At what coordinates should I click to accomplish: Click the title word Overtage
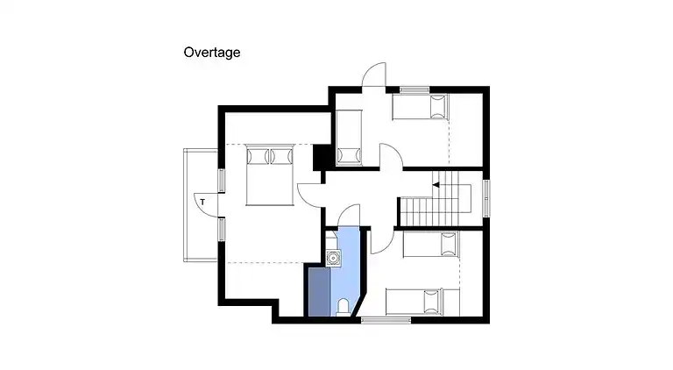(211, 53)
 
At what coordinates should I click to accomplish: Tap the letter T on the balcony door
(202, 202)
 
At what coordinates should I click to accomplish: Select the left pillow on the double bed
(258, 156)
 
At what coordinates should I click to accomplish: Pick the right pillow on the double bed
(281, 156)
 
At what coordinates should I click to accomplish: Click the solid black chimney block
(321, 158)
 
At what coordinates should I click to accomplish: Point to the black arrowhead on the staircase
(436, 185)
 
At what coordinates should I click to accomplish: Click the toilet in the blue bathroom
(343, 307)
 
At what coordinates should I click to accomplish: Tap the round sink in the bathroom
(333, 258)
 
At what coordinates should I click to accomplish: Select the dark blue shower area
(320, 292)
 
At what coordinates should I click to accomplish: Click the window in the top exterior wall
(414, 90)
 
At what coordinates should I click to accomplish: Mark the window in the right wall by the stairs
(486, 198)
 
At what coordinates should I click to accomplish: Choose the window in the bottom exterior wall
(386, 320)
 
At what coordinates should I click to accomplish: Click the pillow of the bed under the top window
(439, 107)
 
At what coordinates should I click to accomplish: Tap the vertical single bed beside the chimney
(349, 138)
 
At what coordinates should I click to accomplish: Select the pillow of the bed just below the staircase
(448, 245)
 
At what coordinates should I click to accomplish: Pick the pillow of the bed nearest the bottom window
(433, 302)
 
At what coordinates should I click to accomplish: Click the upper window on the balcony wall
(222, 181)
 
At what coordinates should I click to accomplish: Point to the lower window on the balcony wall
(222, 229)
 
